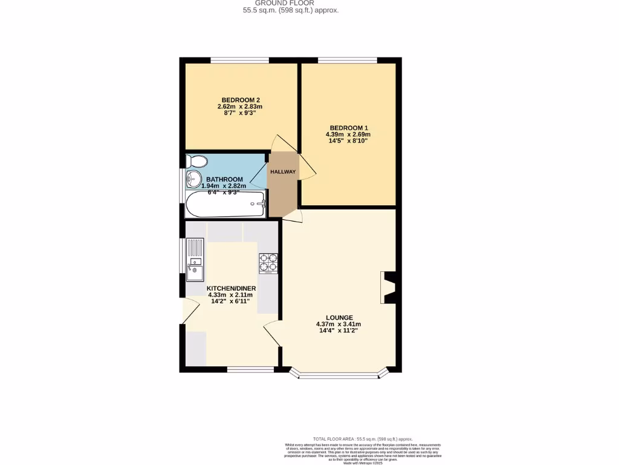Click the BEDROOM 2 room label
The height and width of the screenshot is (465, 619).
(x=241, y=100)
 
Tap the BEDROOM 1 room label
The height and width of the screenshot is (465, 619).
(x=348, y=127)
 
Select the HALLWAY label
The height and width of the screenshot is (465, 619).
(x=283, y=172)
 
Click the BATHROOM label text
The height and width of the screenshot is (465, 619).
(x=224, y=179)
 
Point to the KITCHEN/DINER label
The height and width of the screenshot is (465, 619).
(x=232, y=288)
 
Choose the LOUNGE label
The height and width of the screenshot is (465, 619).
(x=339, y=317)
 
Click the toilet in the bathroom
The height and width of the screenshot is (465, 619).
(x=196, y=161)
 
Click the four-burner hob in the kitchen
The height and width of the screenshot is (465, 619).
(x=268, y=262)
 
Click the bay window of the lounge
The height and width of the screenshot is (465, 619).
(x=339, y=376)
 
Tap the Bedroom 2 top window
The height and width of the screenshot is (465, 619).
(x=239, y=60)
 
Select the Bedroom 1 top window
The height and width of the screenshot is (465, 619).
(x=348, y=60)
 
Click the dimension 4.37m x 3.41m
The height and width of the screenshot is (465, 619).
(x=339, y=325)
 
